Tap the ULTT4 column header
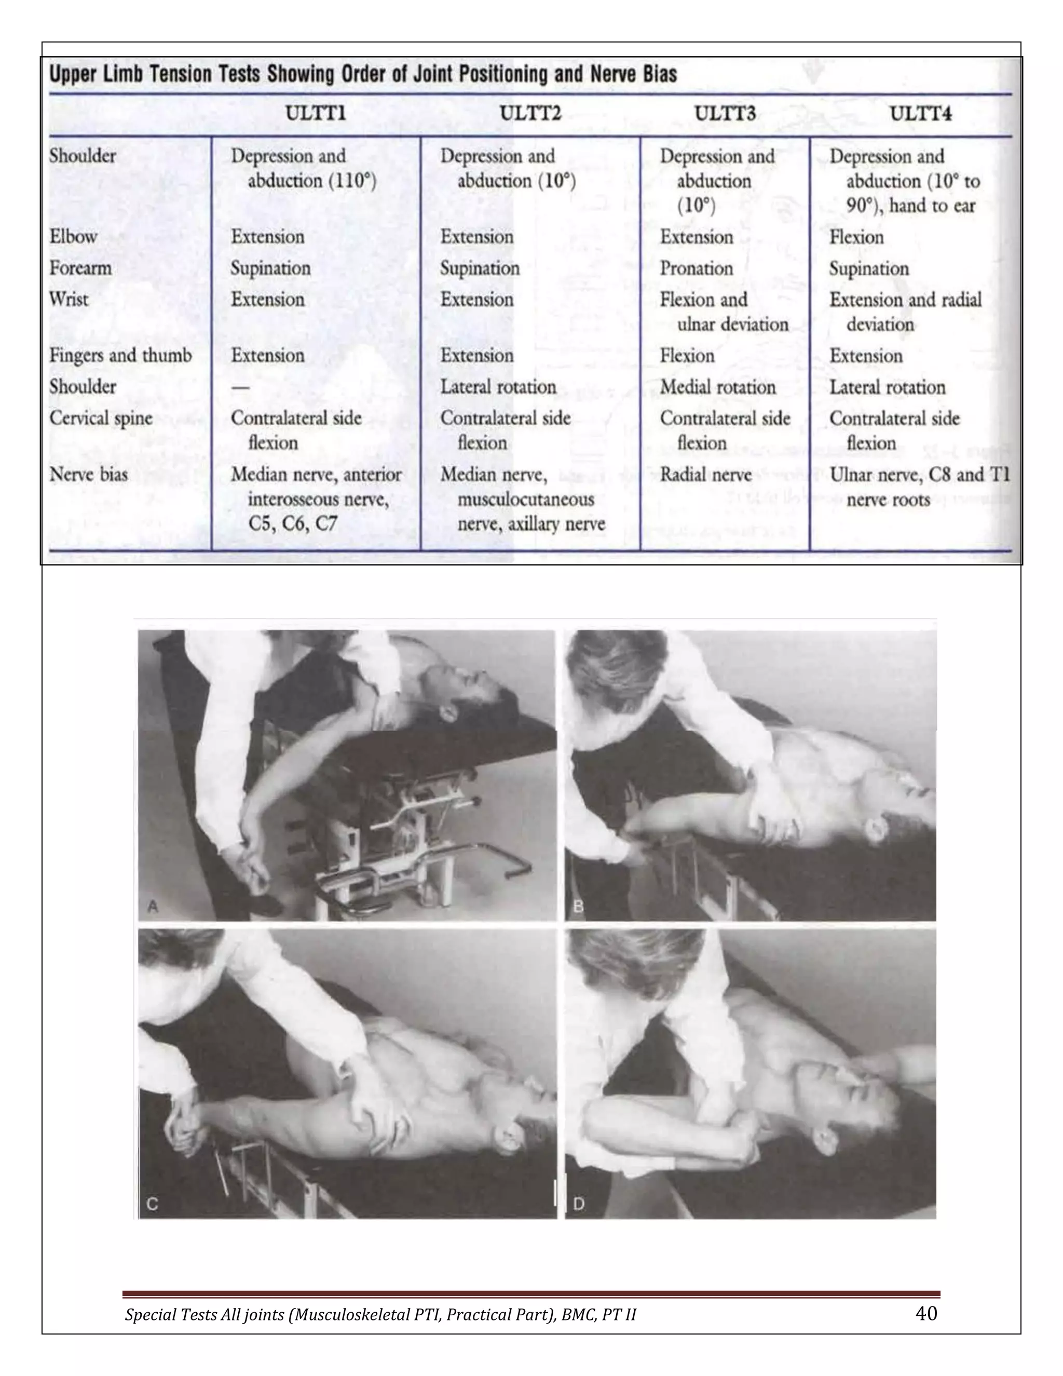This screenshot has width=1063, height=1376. pyautogui.click(x=920, y=114)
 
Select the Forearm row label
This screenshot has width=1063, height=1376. pyautogui.click(x=80, y=268)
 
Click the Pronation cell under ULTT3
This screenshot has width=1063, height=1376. pyautogui.click(x=696, y=268)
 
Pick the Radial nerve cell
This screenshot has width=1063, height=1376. pyautogui.click(x=705, y=475)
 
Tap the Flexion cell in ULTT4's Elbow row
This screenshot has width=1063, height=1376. pyautogui.click(x=856, y=237)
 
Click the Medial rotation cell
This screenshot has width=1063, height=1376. pyautogui.click(x=717, y=387)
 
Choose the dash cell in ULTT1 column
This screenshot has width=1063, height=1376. pyautogui.click(x=240, y=387)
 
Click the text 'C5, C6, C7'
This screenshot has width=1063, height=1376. pyautogui.click(x=292, y=523)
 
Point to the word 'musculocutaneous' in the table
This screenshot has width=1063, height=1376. pyautogui.click(x=525, y=499)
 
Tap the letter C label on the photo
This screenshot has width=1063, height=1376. pyautogui.click(x=152, y=1204)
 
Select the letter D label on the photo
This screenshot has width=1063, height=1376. pyautogui.click(x=579, y=1204)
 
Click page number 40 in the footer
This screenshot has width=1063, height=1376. pyautogui.click(x=926, y=1313)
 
